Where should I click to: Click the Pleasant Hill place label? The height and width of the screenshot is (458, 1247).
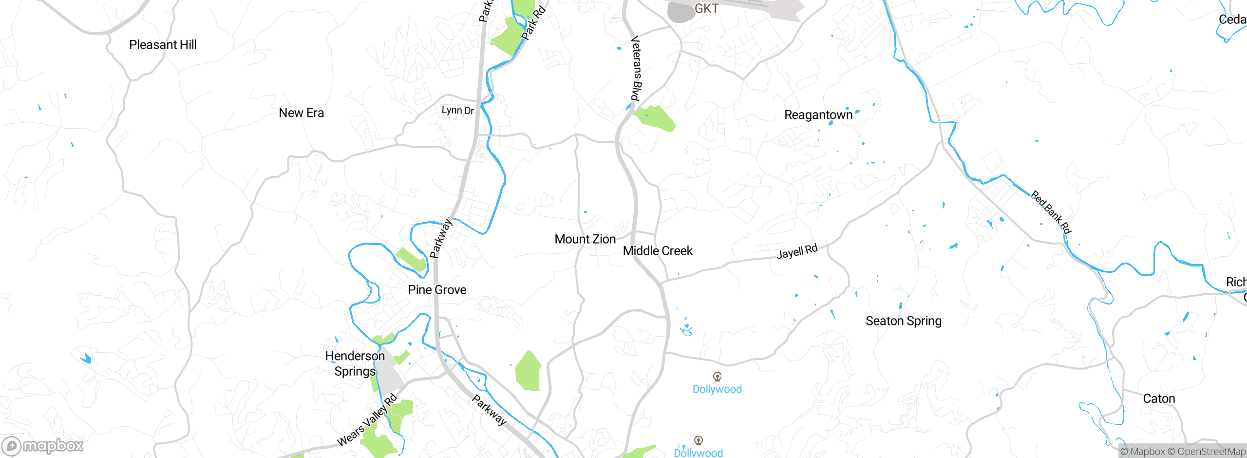pos(163,45)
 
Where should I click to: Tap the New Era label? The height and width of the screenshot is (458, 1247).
pos(301,113)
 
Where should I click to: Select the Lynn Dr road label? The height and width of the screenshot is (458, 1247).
pos(457,111)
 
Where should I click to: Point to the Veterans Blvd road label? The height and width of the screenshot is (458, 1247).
pos(636,68)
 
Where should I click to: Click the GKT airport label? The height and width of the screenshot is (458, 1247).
pos(706,9)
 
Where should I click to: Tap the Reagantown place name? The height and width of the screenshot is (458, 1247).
pos(818,115)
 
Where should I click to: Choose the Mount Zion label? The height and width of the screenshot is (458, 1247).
pos(585,239)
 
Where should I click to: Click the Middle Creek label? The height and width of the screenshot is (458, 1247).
pos(658,251)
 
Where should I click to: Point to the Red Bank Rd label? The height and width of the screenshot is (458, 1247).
pos(1051,212)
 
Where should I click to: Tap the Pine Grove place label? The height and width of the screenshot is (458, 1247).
pos(437,290)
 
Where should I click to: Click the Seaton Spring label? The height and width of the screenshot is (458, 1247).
pos(903,321)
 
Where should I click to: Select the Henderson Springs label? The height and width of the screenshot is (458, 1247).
pos(355,363)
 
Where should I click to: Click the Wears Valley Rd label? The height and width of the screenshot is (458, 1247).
pos(367,420)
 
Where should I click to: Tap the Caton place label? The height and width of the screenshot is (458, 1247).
pos(1159,399)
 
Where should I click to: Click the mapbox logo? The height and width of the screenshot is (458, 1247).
pos(43,446)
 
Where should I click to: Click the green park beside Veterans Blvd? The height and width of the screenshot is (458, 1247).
pos(656,118)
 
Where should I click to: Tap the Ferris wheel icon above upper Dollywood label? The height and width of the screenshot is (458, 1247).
pos(717,377)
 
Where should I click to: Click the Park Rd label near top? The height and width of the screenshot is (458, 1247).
pos(533,22)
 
